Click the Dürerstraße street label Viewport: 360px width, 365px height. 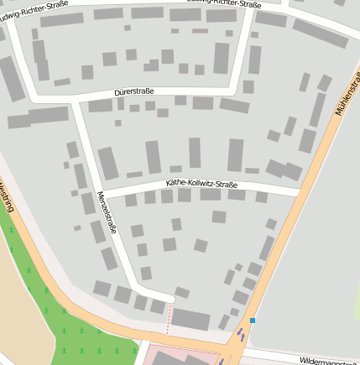(135, 92)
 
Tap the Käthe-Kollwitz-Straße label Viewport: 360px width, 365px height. (201, 184)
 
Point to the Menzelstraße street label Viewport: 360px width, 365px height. (107, 214)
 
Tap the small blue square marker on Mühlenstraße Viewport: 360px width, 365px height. (252, 321)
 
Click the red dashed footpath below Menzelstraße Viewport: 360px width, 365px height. (169, 315)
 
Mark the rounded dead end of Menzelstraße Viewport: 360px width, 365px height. (168, 296)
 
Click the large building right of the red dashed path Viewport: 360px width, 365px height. (191, 319)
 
